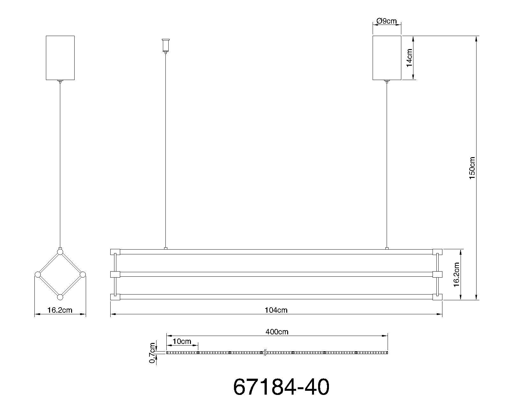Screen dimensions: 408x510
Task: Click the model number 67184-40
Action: tap(281, 387)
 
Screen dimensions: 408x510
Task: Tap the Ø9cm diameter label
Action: tap(386, 21)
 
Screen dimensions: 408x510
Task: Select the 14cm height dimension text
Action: tap(409, 58)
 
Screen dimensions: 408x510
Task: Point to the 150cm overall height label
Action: tap(472, 168)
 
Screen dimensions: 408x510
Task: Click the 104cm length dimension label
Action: tap(276, 310)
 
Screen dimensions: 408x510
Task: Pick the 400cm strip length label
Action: tap(277, 332)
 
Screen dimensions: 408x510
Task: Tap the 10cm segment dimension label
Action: tap(182, 341)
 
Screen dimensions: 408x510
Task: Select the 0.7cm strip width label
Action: tap(152, 353)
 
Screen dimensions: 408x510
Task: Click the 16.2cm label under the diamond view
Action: tap(60, 310)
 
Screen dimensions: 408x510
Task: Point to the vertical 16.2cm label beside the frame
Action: tap(456, 274)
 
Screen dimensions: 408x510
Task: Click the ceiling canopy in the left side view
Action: tap(60, 58)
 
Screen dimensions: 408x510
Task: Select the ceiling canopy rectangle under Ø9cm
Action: tap(387, 58)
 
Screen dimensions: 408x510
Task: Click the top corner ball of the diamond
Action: tap(60, 252)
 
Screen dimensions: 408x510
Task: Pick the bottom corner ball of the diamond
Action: tap(60, 297)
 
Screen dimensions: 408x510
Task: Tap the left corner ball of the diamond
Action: tap(38, 274)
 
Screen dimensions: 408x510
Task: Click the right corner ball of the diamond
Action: tap(83, 274)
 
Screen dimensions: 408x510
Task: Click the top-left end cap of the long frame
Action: tap(115, 252)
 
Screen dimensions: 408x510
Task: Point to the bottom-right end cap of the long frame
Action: tap(437, 297)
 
